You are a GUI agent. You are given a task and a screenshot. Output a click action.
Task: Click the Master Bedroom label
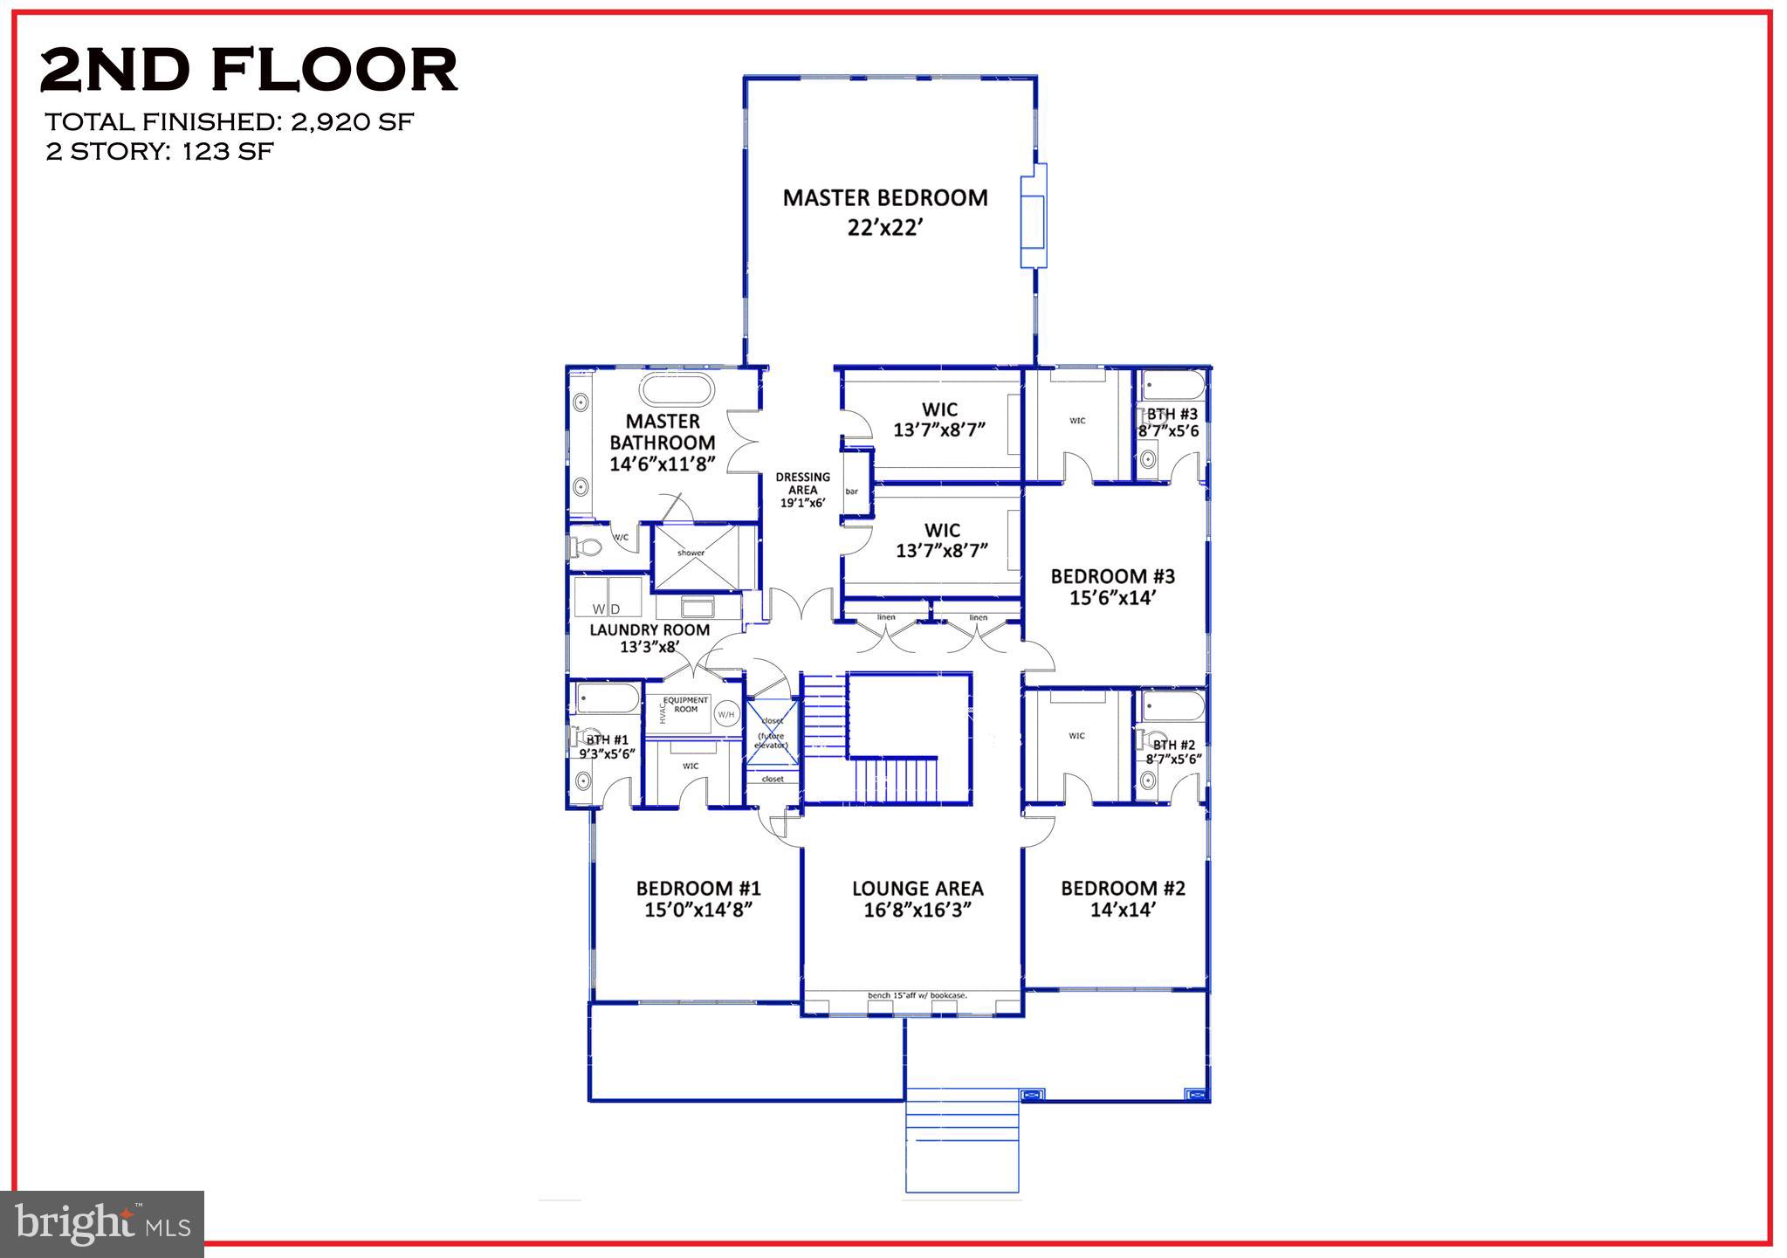(884, 198)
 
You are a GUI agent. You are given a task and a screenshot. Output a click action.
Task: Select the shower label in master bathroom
(691, 553)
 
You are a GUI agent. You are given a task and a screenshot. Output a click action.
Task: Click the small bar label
(851, 492)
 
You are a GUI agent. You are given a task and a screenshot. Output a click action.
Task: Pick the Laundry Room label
(650, 629)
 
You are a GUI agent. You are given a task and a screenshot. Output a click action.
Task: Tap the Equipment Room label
(686, 705)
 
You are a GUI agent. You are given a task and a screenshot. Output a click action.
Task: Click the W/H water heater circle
(725, 715)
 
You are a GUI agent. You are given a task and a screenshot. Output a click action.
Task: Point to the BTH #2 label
(1173, 745)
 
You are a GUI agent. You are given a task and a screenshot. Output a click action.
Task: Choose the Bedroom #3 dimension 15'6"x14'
(1112, 598)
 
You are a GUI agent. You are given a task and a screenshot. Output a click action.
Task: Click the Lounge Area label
(917, 889)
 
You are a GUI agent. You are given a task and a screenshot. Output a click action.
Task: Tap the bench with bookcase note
(917, 995)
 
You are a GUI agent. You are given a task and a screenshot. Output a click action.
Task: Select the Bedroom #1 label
(698, 889)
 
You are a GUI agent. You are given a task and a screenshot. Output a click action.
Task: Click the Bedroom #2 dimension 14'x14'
(1123, 910)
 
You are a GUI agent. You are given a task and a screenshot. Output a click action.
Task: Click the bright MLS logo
(102, 1224)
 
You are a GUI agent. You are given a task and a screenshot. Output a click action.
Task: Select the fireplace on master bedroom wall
(1034, 216)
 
